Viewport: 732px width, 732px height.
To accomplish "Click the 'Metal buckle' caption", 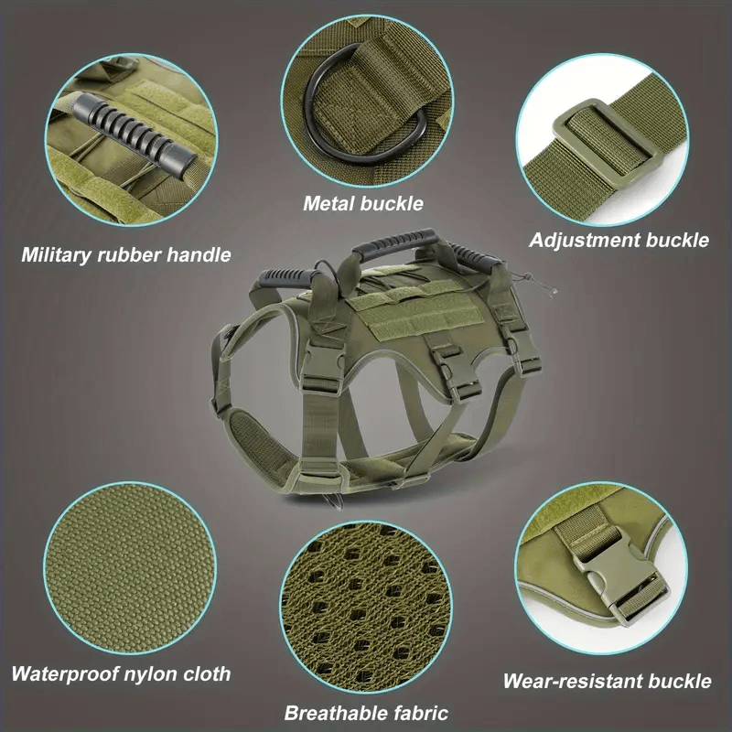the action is coord(363,203).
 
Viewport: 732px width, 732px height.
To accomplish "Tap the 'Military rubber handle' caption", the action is coord(126,255).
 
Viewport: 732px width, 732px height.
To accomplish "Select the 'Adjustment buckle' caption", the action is coord(619,241).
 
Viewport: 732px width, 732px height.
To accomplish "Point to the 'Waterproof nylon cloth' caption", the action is coord(121,674).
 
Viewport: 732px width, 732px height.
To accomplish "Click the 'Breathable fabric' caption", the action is coord(366,714).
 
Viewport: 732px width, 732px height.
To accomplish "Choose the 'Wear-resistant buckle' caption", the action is coord(607,681).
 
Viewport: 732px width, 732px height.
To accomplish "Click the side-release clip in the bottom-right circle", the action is coord(616,575).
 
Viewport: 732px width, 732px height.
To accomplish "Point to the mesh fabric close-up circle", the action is coord(366,607).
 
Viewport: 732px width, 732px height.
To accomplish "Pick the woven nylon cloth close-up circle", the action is coord(130,567).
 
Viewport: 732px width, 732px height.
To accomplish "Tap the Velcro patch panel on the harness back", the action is coord(416,312).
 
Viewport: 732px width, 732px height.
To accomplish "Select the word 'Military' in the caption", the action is coord(57,255).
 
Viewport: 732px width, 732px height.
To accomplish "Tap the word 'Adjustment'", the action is coord(585,241).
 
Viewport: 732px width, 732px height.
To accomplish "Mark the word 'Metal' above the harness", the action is coord(328,203).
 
